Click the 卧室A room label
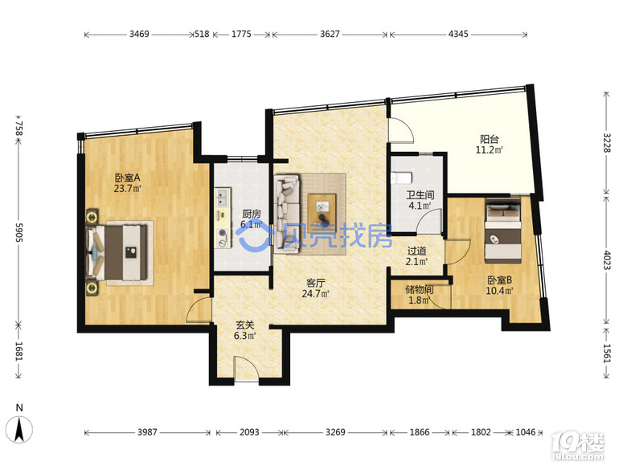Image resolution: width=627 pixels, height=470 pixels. tap(128, 177)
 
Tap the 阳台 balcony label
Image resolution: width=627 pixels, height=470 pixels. tap(490, 139)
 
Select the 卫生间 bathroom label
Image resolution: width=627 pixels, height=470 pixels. tap(420, 194)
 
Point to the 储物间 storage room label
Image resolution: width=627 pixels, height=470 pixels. tap(419, 289)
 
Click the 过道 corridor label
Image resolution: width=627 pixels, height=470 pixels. tap(416, 251)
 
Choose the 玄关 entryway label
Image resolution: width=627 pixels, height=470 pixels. tap(244, 325)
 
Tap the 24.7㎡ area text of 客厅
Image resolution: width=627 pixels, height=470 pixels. tap(315, 294)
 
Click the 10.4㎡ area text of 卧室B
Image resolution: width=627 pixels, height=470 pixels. tap(499, 291)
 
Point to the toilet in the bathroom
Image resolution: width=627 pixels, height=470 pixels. tap(401, 177)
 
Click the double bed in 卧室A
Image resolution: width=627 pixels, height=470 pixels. tap(117, 251)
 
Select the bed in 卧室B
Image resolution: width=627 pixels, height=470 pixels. tap(502, 231)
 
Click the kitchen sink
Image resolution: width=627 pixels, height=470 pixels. tap(222, 198)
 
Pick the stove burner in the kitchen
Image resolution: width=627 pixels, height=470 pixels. tap(223, 234)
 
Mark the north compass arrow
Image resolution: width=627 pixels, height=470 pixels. tap(19, 429)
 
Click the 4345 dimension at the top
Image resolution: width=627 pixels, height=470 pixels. tap(458, 34)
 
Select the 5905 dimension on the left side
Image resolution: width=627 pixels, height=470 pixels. tap(18, 232)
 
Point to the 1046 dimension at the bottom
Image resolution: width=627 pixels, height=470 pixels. tap(525, 432)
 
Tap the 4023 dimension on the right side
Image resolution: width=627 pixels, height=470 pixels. tap(607, 260)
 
